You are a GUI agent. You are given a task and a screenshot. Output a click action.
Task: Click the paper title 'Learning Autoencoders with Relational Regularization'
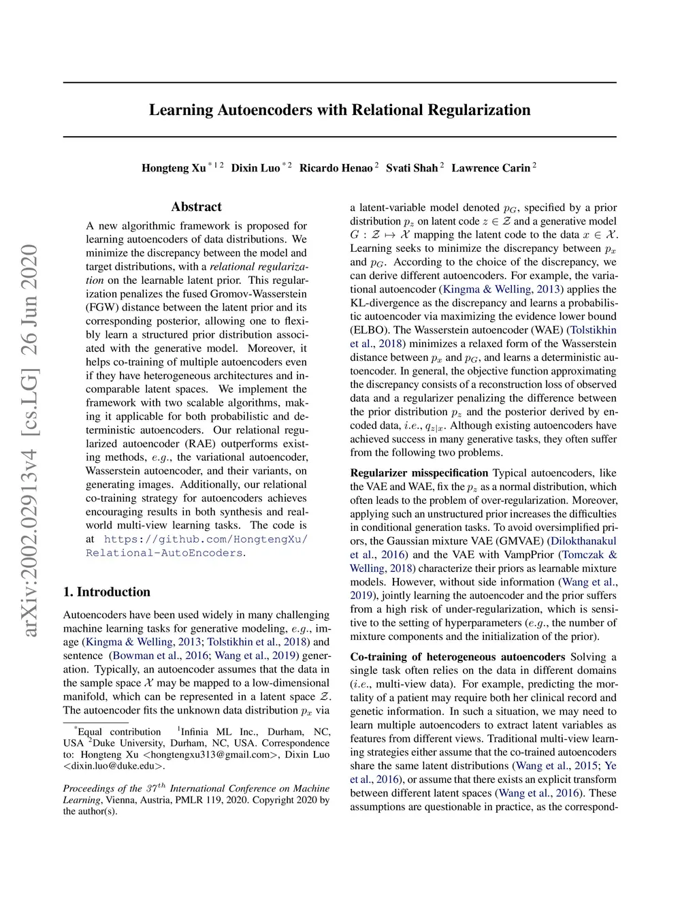(x=340, y=110)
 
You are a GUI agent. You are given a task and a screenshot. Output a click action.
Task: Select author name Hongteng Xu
(x=174, y=168)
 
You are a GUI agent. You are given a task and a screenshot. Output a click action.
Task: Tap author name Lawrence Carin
(x=490, y=168)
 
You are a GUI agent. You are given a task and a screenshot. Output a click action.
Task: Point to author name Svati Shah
(x=412, y=168)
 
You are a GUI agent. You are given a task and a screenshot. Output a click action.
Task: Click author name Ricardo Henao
(x=336, y=168)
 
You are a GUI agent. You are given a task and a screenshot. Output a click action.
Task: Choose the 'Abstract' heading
(x=197, y=207)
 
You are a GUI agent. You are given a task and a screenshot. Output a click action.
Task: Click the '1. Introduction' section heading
(x=107, y=592)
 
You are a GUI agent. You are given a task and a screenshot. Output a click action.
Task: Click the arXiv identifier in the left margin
(x=30, y=441)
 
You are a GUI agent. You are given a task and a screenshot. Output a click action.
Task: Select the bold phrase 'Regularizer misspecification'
(x=419, y=473)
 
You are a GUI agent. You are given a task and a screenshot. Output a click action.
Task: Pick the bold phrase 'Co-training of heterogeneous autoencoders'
(x=457, y=657)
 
